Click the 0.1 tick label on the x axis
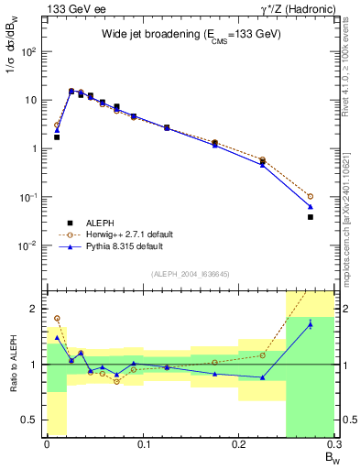[x=142, y=444]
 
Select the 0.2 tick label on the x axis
[x=238, y=444]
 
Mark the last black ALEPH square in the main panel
[x=311, y=217]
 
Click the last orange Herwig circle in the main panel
[x=311, y=196]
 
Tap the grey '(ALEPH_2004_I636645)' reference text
[x=190, y=274]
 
